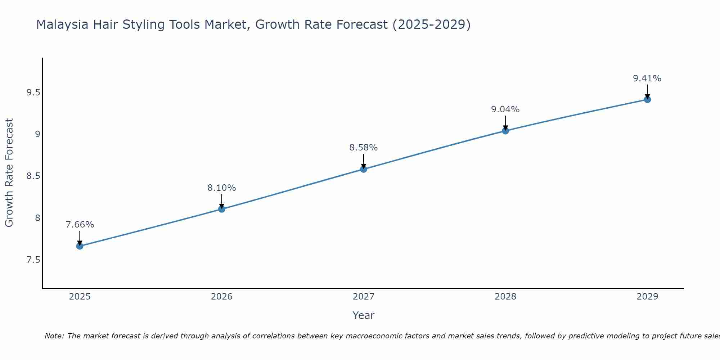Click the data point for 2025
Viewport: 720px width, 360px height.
[x=80, y=246]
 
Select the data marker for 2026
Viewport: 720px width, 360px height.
[x=222, y=209]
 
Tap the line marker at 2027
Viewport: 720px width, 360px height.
[x=364, y=169]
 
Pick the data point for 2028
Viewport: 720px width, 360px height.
[x=505, y=131]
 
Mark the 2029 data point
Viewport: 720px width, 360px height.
[x=647, y=99]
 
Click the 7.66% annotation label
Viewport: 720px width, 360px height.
[x=80, y=225]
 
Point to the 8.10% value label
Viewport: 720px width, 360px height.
[x=222, y=188]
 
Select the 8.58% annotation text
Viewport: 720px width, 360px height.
[x=364, y=148]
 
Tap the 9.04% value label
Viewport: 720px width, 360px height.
[x=505, y=109]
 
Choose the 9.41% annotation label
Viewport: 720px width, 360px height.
[x=647, y=78]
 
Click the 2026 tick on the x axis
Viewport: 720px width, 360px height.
[x=222, y=297]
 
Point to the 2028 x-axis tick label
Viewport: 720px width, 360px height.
[x=505, y=297]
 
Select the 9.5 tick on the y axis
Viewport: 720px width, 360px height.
[x=33, y=93]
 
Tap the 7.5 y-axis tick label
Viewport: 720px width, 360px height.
[x=33, y=260]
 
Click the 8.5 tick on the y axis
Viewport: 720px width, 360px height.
[x=33, y=176]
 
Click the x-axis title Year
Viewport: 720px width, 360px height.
[x=364, y=315]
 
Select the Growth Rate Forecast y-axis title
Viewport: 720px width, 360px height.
[x=9, y=173]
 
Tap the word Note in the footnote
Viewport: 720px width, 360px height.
[x=54, y=336]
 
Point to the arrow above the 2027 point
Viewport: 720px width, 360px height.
[x=364, y=161]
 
